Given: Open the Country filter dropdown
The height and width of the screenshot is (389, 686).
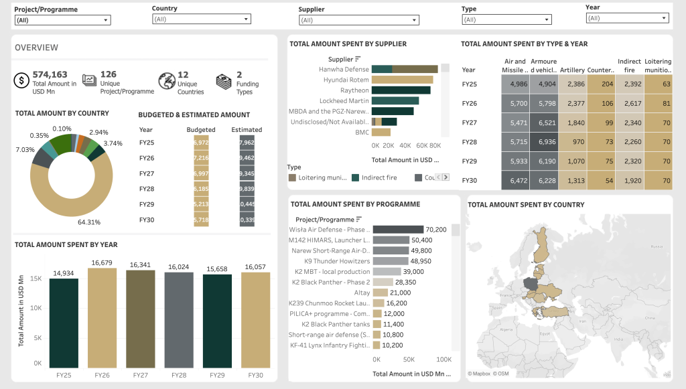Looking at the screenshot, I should (x=201, y=19).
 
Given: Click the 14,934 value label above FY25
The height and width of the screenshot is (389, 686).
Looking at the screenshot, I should (x=64, y=273).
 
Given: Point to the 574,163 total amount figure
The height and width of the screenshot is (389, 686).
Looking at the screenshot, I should (x=50, y=74).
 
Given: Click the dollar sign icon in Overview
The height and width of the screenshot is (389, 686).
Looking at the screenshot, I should (x=21, y=80).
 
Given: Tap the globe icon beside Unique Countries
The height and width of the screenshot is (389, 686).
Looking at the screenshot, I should (x=165, y=80).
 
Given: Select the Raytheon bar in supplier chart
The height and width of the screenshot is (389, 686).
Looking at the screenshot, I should (x=401, y=90).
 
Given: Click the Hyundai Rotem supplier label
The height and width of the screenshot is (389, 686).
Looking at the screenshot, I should (x=346, y=80).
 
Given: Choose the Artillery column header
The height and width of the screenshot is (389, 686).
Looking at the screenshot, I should (x=572, y=70).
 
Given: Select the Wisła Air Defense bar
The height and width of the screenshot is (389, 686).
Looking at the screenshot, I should (x=398, y=230).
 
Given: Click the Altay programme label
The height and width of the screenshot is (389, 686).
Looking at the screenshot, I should (x=362, y=293).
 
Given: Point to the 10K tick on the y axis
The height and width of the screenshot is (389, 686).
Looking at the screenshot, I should (x=38, y=307).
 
